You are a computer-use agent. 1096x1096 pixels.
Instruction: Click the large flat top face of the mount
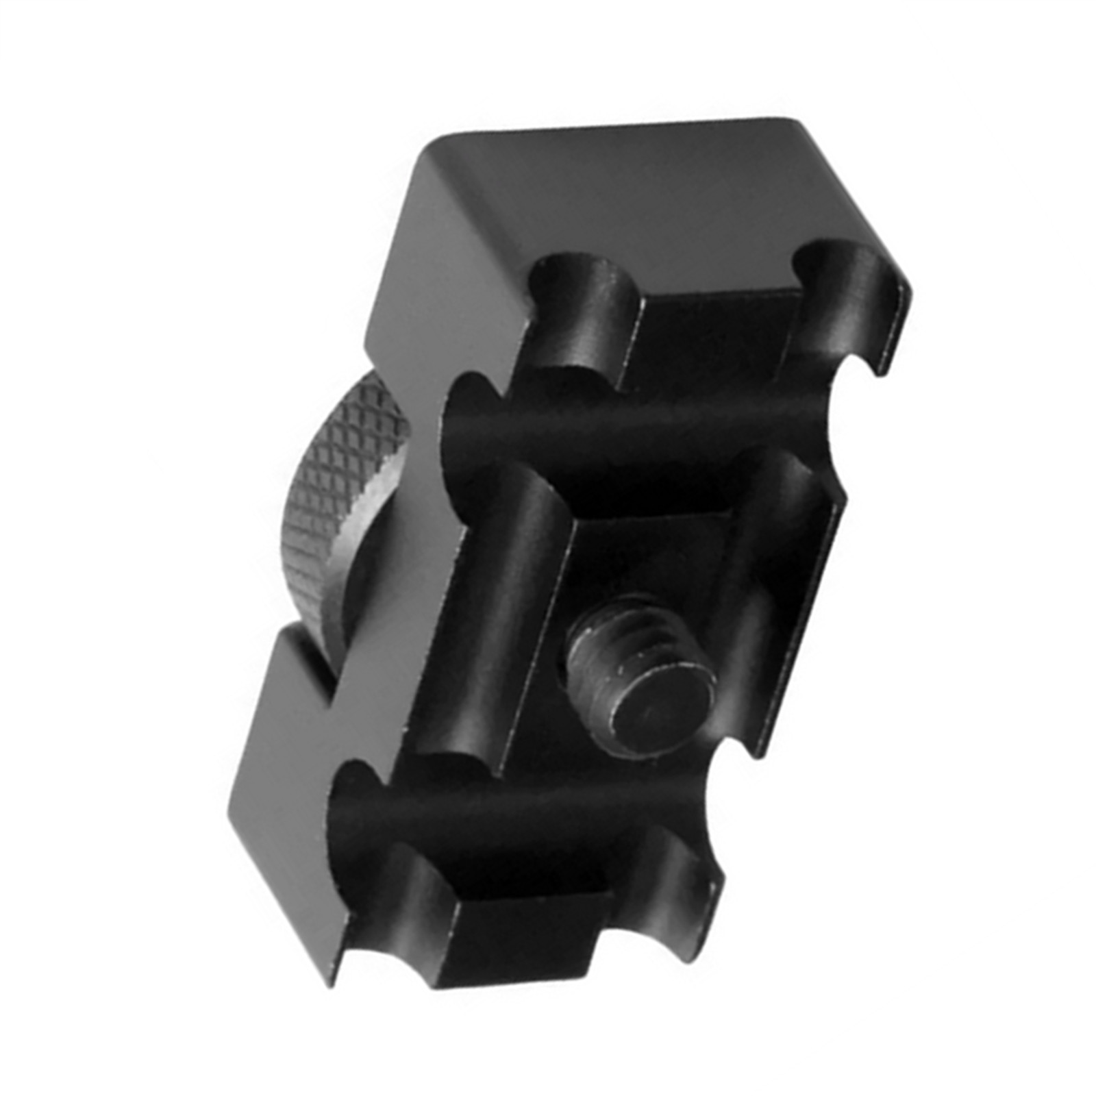click(603, 199)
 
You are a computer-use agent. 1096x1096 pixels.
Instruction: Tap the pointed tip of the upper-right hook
click(880, 370)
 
